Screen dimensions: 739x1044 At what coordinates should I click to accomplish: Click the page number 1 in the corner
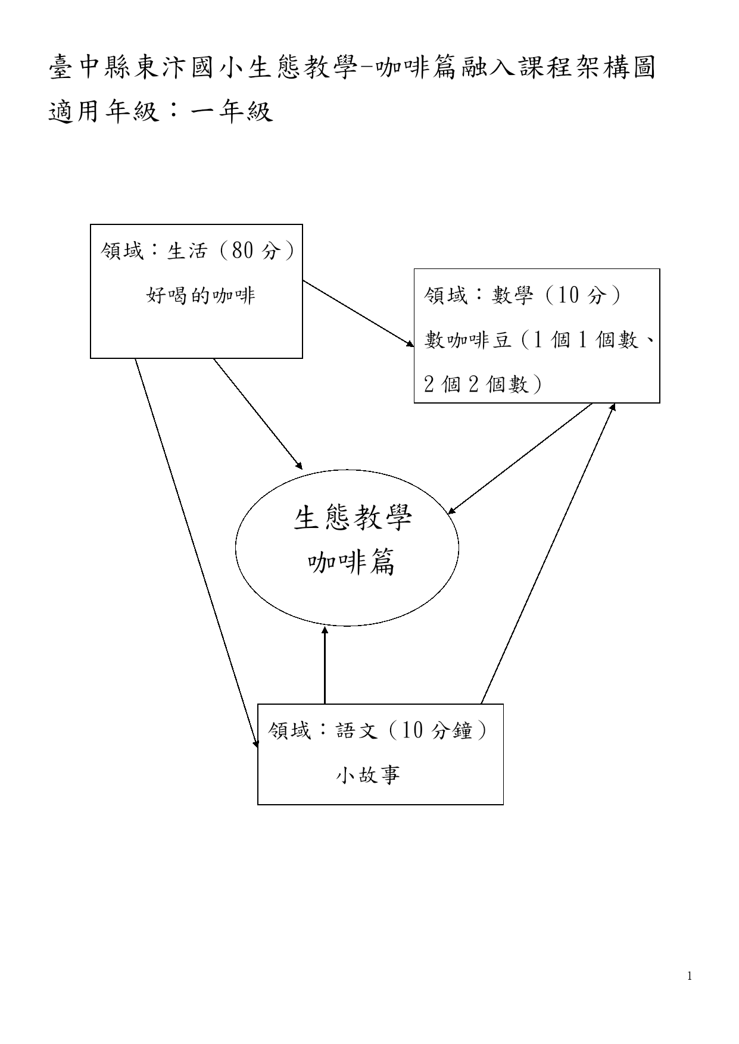(690, 976)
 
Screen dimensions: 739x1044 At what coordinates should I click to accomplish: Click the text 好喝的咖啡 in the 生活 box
(201, 295)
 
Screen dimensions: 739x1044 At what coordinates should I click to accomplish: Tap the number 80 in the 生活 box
(243, 251)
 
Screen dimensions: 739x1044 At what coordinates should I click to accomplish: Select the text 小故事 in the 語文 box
(368, 774)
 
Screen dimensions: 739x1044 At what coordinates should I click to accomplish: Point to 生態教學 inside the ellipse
(353, 518)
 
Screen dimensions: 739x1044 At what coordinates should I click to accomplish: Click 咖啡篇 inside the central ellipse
(352, 562)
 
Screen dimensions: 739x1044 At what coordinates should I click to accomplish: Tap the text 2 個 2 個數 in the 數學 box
(483, 384)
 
